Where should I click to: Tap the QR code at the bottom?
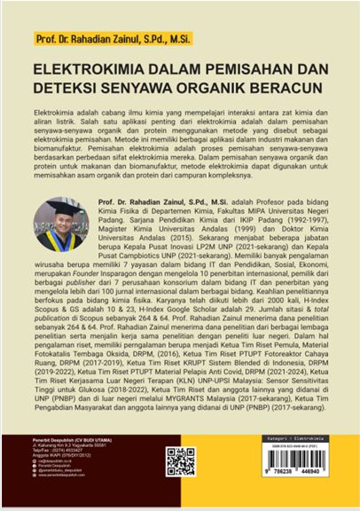pyautogui.click(x=180, y=460)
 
